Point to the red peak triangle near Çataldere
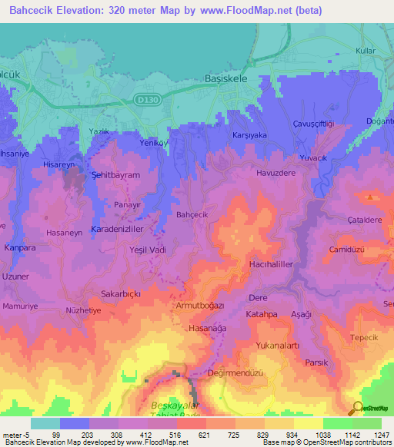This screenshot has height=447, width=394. tap(371, 197)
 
